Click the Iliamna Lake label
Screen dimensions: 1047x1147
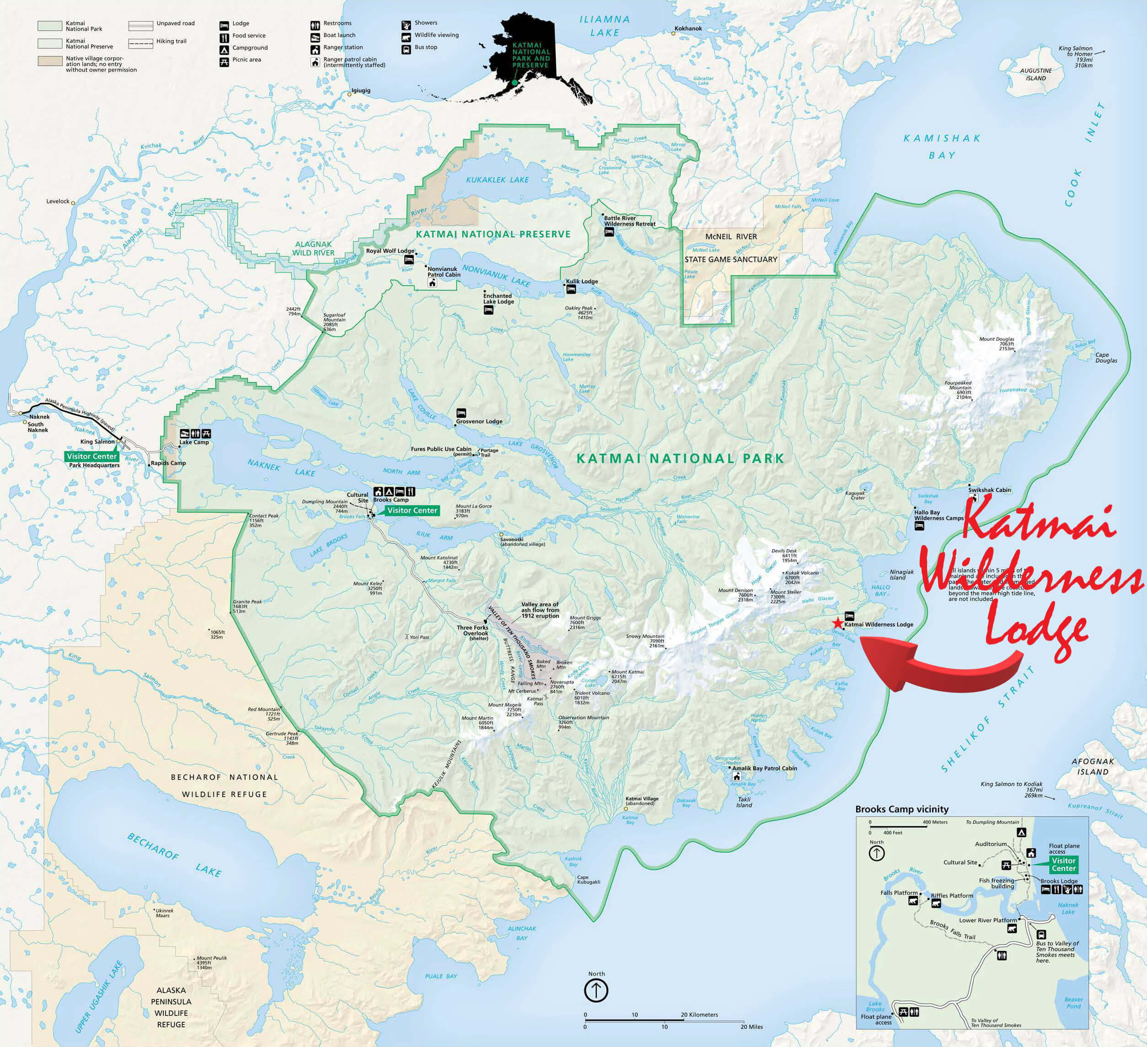point(605,26)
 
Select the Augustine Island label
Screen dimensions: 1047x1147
point(1035,75)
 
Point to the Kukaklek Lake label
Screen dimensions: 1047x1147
point(497,180)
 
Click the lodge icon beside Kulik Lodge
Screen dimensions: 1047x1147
point(571,289)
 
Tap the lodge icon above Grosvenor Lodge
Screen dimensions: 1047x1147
point(461,412)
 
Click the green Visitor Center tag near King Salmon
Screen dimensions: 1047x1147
point(91,456)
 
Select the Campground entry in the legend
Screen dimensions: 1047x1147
point(250,48)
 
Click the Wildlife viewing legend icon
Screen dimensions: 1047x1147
point(406,35)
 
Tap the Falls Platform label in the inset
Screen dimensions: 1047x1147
point(899,893)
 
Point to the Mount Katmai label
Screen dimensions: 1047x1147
point(627,672)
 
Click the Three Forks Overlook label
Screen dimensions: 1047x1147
point(472,630)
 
